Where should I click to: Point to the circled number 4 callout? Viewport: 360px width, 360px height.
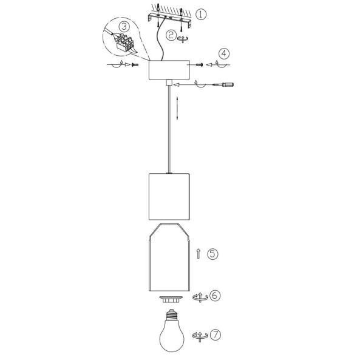click(x=224, y=53)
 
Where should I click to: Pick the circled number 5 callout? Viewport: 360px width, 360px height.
click(x=212, y=254)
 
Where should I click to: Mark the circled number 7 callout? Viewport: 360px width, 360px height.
click(x=215, y=335)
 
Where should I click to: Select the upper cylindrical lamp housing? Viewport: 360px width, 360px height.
click(x=169, y=196)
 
